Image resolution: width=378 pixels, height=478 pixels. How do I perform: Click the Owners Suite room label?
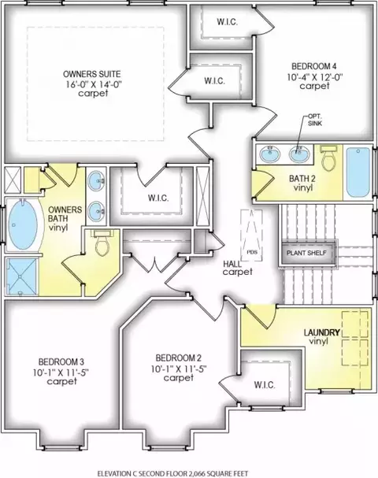click(x=92, y=74)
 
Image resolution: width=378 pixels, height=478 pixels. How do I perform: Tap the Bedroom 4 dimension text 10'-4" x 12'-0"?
click(x=315, y=77)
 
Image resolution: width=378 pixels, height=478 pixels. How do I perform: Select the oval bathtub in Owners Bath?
click(x=23, y=225)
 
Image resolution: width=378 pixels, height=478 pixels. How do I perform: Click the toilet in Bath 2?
click(x=329, y=157)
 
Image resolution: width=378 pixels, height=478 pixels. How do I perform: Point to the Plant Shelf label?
click(x=306, y=253)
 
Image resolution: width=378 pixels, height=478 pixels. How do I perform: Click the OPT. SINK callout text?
click(x=314, y=120)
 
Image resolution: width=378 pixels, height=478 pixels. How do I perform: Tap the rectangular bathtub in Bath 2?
click(x=358, y=172)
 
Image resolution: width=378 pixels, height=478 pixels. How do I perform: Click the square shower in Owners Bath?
click(x=21, y=277)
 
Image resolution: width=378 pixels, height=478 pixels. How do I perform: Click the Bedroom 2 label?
click(x=178, y=358)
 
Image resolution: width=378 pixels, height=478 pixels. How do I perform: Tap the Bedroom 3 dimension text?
click(x=61, y=372)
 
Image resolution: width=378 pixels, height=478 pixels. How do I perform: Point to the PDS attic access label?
click(x=252, y=252)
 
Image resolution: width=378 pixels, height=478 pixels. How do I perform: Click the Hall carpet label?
click(x=238, y=268)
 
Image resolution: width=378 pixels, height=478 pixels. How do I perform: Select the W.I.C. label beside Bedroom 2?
click(x=265, y=385)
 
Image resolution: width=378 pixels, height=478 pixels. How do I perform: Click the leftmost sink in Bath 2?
click(x=270, y=154)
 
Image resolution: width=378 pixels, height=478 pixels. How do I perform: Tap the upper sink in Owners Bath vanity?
click(x=96, y=181)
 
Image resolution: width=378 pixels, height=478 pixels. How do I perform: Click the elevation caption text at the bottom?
click(x=172, y=473)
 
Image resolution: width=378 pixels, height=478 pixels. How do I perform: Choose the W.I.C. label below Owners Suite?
click(x=158, y=198)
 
